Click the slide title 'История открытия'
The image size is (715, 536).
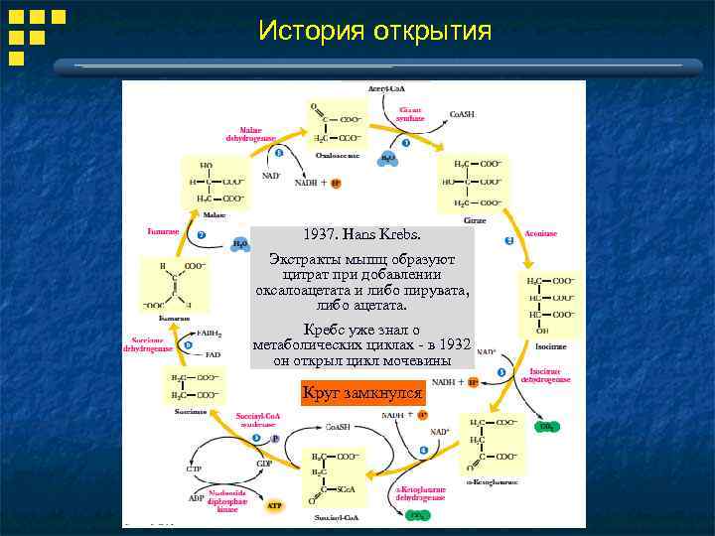[374, 31]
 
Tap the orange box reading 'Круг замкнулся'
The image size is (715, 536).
[363, 392]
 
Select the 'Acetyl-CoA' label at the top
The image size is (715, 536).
[387, 88]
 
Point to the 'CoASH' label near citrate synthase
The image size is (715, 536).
[462, 114]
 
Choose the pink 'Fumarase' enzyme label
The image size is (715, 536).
[163, 231]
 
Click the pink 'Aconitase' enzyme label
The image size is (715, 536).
[540, 233]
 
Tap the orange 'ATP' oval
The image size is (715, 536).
[275, 506]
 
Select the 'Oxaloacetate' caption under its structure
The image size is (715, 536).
[338, 154]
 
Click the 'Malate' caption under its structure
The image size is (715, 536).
[214, 214]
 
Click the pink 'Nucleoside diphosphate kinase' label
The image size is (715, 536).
[227, 502]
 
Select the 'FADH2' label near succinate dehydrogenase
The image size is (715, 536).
[209, 334]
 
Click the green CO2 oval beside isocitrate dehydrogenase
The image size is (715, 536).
[546, 426]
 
